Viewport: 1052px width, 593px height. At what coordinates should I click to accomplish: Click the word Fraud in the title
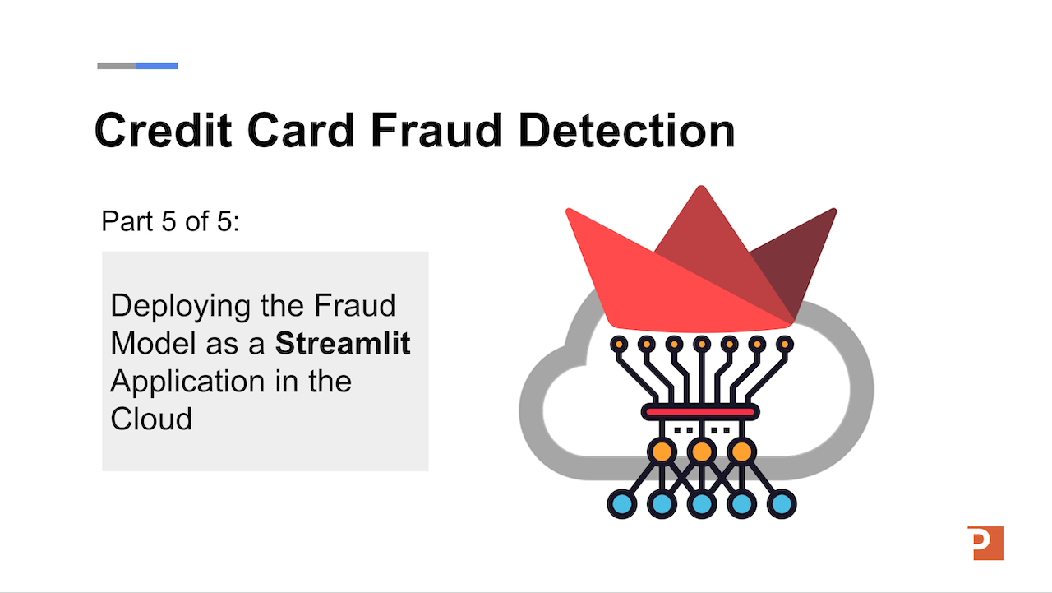click(436, 130)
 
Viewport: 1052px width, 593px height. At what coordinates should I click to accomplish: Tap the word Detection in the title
click(627, 130)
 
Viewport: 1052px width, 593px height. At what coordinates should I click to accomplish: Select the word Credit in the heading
click(163, 130)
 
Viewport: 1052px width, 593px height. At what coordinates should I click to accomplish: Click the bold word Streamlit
click(343, 343)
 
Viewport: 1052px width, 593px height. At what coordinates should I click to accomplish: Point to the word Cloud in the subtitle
click(151, 418)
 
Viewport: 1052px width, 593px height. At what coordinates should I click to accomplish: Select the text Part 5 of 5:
click(170, 221)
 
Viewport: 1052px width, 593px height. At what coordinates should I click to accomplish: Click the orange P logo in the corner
click(985, 543)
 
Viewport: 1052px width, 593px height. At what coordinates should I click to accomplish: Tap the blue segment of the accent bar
click(157, 66)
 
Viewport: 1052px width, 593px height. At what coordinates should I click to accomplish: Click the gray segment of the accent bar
click(117, 66)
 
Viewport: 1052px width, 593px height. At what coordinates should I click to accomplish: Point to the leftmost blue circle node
click(622, 503)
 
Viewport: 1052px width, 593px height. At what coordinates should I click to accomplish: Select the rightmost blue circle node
click(782, 503)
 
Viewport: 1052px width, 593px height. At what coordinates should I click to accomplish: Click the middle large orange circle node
click(702, 452)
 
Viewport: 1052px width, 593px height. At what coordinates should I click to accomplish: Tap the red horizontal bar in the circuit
click(700, 413)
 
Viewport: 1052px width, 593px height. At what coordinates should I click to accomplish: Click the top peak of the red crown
click(701, 187)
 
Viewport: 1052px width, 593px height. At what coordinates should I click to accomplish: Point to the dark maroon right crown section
click(794, 263)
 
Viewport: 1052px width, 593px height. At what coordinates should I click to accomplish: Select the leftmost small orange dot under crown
click(619, 345)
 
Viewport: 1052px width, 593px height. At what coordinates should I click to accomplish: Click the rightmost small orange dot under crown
click(785, 345)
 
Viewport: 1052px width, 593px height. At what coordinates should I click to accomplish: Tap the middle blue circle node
click(702, 503)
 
